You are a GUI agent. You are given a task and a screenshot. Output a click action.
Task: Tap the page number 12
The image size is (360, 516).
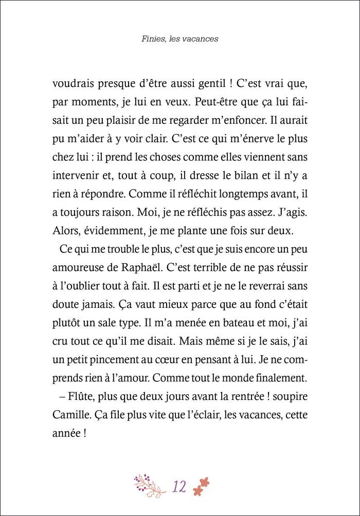click(179, 486)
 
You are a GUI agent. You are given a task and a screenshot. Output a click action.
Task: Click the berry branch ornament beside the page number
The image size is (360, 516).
click(150, 485)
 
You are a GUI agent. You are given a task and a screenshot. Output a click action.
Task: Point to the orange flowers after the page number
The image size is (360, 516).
click(202, 486)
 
